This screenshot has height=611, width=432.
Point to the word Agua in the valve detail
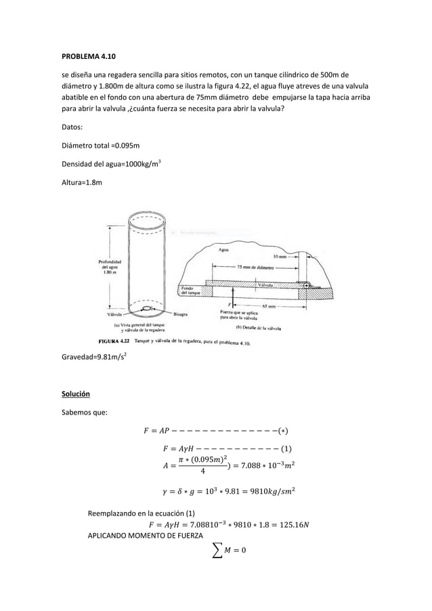point(223,250)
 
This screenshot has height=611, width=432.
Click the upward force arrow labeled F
point(233,299)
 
